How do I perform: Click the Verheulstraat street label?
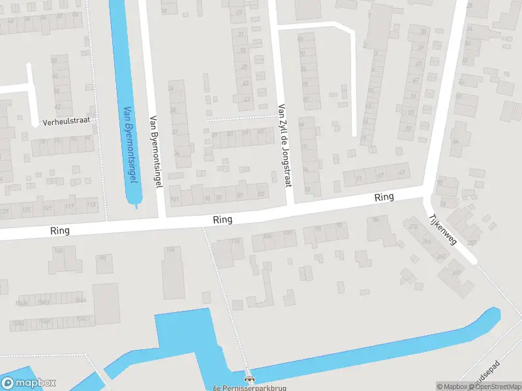(x=65, y=121)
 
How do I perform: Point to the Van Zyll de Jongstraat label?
(x=283, y=145)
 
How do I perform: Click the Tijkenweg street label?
(x=444, y=230)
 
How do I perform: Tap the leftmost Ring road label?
(x=59, y=231)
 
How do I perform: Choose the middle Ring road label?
(x=223, y=220)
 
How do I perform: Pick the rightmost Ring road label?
(x=384, y=197)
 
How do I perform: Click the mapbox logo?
(x=29, y=383)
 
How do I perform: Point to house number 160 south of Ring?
(x=59, y=251)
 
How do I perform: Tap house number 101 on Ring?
(x=174, y=198)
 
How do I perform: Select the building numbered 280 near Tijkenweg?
(x=455, y=272)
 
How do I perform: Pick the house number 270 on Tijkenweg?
(x=412, y=227)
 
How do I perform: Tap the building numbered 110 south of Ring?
(x=235, y=242)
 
